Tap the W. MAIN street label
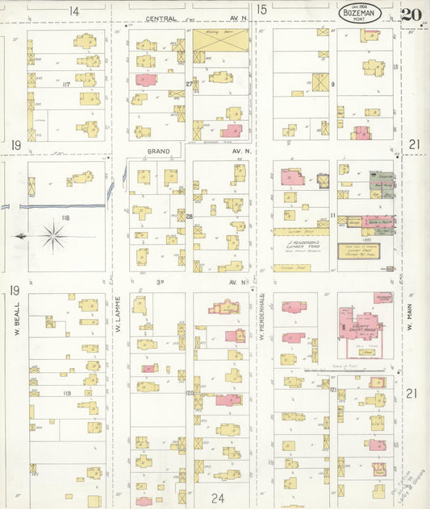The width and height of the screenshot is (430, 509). tap(411, 317)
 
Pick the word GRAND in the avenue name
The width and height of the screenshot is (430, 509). tap(157, 151)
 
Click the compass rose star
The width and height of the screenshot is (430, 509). tap(54, 236)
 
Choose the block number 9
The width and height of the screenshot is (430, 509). tap(332, 83)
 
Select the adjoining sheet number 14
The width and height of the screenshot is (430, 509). tap(74, 10)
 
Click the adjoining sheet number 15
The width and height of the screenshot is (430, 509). tap(261, 10)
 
